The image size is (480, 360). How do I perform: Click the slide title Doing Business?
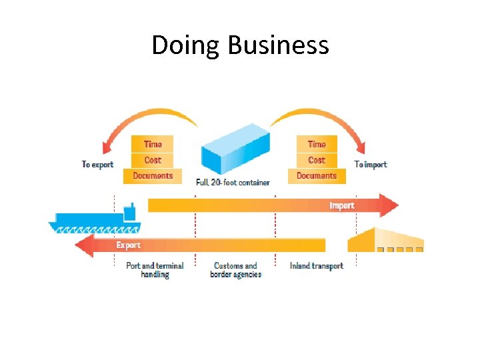pyautogui.click(x=240, y=45)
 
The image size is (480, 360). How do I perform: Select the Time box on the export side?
pyautogui.click(x=153, y=144)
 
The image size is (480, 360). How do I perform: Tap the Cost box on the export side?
pyautogui.click(x=153, y=160)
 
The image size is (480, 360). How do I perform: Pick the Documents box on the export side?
pyautogui.click(x=153, y=176)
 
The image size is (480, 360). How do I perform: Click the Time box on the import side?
pyautogui.click(x=317, y=144)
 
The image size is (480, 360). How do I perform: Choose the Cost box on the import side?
pyautogui.click(x=317, y=160)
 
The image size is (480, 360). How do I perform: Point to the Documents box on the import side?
pyautogui.click(x=317, y=176)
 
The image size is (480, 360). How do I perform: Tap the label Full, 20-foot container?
pyautogui.click(x=233, y=183)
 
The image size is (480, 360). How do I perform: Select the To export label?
pyautogui.click(x=97, y=165)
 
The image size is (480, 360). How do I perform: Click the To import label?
pyautogui.click(x=370, y=165)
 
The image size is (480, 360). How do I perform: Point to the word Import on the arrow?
pyautogui.click(x=341, y=205)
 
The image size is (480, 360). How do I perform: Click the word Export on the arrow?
pyautogui.click(x=129, y=245)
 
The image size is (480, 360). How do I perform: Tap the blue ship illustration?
pyautogui.click(x=93, y=221)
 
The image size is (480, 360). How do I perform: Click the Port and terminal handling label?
pyautogui.click(x=155, y=270)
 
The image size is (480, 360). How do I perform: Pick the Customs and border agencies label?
pyautogui.click(x=235, y=270)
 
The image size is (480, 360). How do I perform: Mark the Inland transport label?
pyautogui.click(x=317, y=266)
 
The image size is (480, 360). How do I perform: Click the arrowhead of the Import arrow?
pyautogui.click(x=387, y=205)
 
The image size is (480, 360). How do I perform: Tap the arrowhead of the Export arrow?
pyautogui.click(x=85, y=245)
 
